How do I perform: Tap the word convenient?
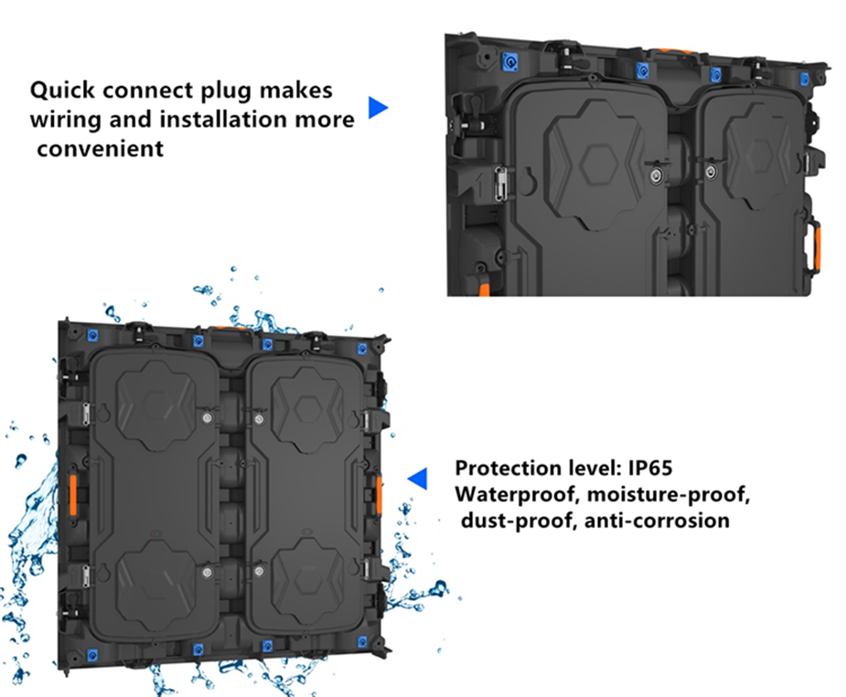(100, 148)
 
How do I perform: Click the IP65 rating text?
(650, 467)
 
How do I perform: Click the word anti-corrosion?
(657, 520)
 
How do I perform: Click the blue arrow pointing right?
(377, 107)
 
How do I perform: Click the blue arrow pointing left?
(418, 478)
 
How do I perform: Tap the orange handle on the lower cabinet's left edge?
(73, 494)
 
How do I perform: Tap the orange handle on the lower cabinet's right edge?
(380, 495)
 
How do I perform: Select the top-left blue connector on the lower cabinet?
(92, 336)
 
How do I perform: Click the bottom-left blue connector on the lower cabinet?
(92, 656)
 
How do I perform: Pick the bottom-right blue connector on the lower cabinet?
(362, 642)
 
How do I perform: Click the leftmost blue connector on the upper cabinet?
(509, 62)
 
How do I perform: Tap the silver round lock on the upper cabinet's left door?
(656, 176)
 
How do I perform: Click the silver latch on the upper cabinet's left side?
(501, 184)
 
